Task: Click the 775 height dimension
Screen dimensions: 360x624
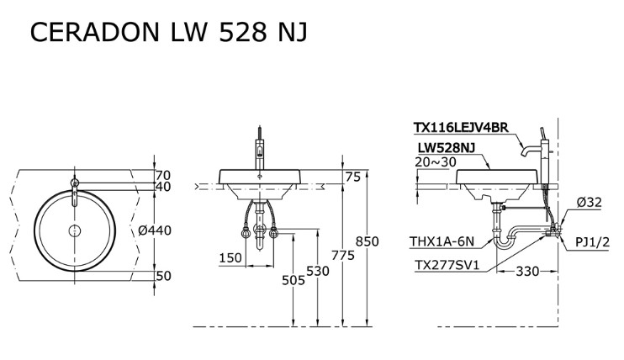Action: (341, 255)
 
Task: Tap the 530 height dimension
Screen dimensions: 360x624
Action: (317, 271)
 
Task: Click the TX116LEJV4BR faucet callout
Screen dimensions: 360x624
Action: (461, 128)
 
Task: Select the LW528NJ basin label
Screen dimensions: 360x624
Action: (447, 148)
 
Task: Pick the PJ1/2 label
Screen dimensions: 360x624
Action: (595, 243)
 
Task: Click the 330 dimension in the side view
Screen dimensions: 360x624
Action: (526, 272)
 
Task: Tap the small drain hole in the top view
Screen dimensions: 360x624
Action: (74, 230)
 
